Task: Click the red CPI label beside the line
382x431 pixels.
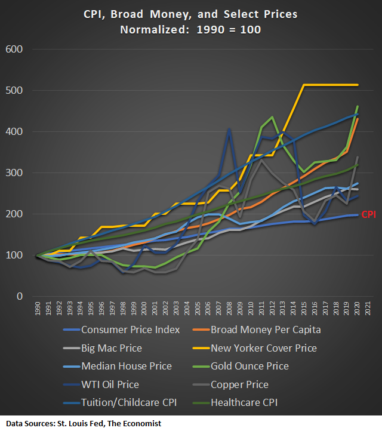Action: pos(368,214)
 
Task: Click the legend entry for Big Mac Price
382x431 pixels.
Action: pos(112,348)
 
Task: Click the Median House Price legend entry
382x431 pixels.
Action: pos(126,366)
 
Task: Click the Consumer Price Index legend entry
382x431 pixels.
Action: pos(130,330)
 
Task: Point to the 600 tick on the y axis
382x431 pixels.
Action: pos(14,49)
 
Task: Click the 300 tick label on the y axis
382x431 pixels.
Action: pos(14,173)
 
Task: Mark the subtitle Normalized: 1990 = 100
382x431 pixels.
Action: pos(190,29)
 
